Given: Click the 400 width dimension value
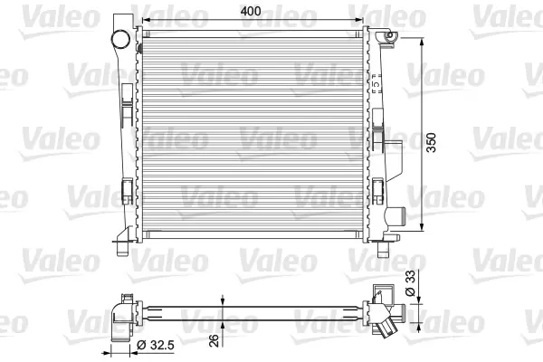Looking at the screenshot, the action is coord(251,11).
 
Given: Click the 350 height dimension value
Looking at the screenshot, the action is coord(431,142).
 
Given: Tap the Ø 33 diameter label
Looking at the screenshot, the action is coord(410,283).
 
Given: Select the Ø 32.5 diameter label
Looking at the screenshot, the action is coord(156,345).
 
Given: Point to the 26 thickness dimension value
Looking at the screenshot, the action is coord(215,340).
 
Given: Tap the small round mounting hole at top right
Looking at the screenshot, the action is coord(390,34).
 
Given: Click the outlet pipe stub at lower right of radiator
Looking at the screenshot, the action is coord(395,217).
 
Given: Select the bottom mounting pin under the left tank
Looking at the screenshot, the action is coord(122,249).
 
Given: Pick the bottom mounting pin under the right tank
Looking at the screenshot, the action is coord(383,249).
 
